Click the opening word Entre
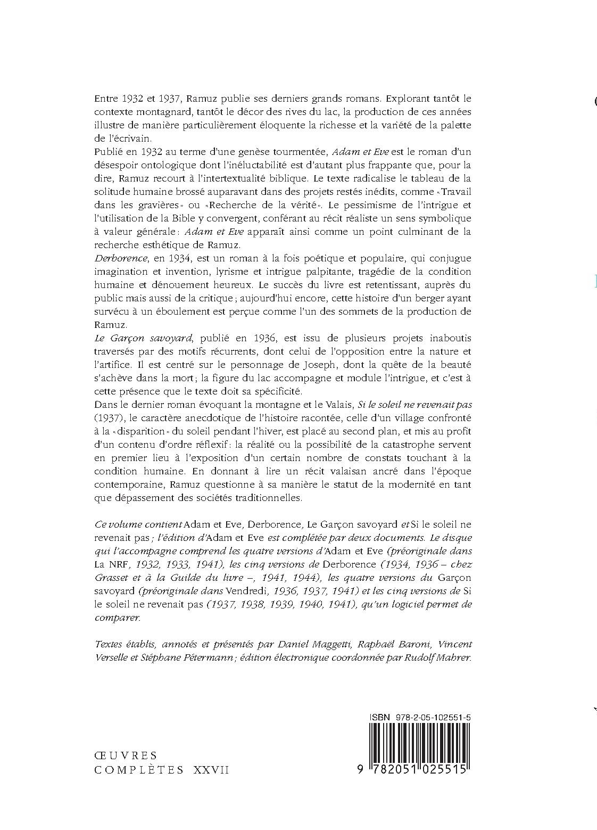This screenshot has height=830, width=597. pos(106,98)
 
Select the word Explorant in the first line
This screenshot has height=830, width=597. pos(407,98)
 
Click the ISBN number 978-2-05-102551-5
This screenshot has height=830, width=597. pos(433,718)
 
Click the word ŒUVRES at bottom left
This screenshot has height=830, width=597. pos(126,755)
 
